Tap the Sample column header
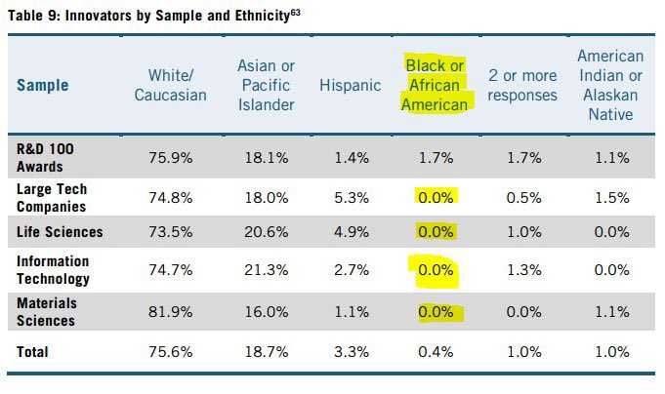pyautogui.click(x=43, y=85)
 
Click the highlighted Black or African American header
pyautogui.click(x=436, y=85)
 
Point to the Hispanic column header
pyautogui.click(x=350, y=85)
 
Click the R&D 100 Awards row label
pyautogui.click(x=46, y=156)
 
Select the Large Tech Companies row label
pyautogui.click(x=51, y=198)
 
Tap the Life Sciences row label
pyautogui.click(x=60, y=232)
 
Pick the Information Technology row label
pyautogui.click(x=53, y=270)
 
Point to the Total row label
pyautogui.click(x=34, y=350)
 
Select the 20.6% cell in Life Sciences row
pyautogui.click(x=266, y=232)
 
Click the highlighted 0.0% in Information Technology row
pyautogui.click(x=436, y=270)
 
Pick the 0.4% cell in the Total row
pyautogui.click(x=436, y=350)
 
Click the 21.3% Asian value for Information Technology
pyautogui.click(x=266, y=270)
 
